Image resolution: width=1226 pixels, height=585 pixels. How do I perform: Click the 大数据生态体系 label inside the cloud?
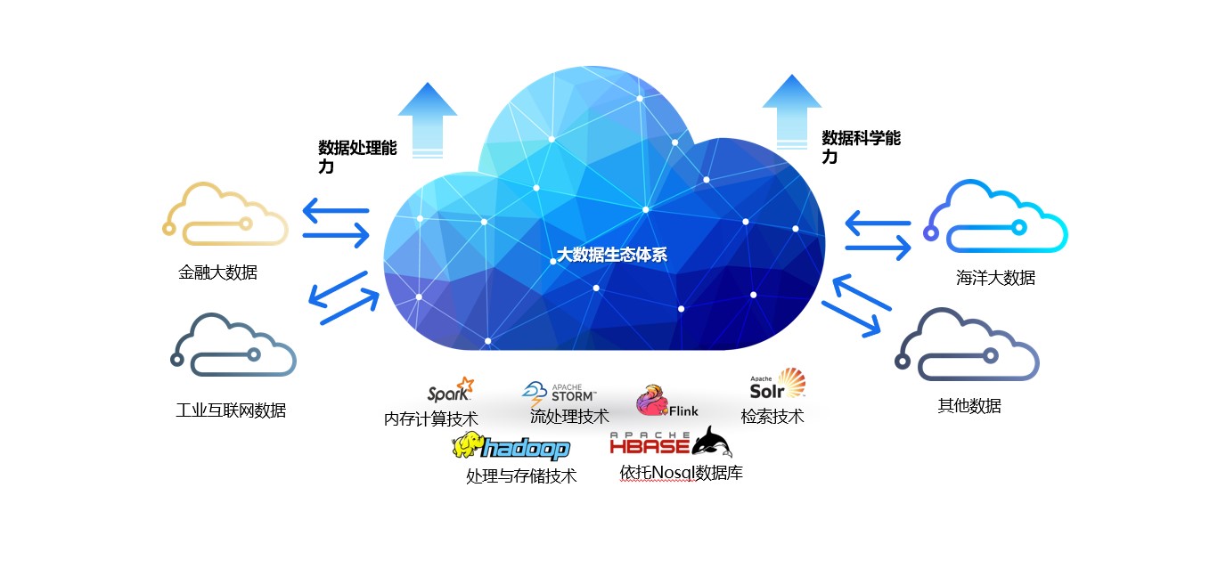coord(611,255)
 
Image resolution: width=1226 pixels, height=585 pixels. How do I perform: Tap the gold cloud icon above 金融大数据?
coord(226,215)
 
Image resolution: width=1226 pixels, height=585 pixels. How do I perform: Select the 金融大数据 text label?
coord(217,272)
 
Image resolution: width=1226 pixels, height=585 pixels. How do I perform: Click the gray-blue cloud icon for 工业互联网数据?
coord(233,345)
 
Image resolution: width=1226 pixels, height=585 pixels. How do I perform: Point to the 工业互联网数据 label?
coord(231,410)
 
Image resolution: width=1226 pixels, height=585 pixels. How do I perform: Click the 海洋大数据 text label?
coord(995,278)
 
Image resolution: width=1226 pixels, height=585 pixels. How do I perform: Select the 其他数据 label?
coord(969,406)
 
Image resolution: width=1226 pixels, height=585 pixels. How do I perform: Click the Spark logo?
coord(450,392)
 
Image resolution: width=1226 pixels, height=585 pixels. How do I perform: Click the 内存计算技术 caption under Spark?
coord(431,418)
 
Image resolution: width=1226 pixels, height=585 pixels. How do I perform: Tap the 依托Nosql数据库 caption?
coord(681,473)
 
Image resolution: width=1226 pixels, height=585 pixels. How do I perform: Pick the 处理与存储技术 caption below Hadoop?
coord(521,476)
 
